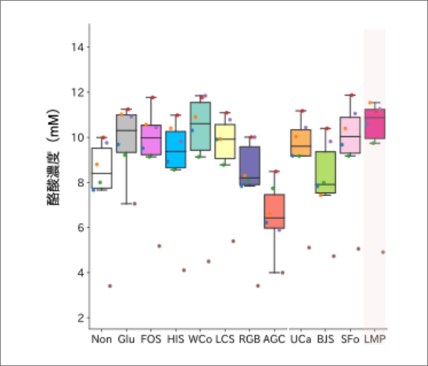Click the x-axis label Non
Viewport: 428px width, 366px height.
(x=101, y=339)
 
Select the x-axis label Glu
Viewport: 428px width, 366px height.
(x=126, y=339)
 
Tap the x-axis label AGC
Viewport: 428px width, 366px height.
(x=274, y=339)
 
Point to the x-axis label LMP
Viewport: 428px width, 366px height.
(x=374, y=339)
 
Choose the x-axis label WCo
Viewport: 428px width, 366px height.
(x=200, y=339)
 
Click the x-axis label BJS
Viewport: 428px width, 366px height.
(x=325, y=339)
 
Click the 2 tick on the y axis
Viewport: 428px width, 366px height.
(x=81, y=317)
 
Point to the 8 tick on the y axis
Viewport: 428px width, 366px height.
(x=81, y=183)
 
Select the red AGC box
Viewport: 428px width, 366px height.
(x=274, y=211)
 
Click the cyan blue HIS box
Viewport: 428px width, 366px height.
(x=175, y=148)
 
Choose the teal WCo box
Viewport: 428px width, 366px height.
(x=200, y=126)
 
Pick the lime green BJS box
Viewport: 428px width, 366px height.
(x=325, y=172)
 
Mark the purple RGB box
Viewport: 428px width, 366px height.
(x=250, y=166)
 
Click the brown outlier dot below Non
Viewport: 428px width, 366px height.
(x=110, y=285)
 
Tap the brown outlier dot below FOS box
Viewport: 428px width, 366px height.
(x=159, y=246)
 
